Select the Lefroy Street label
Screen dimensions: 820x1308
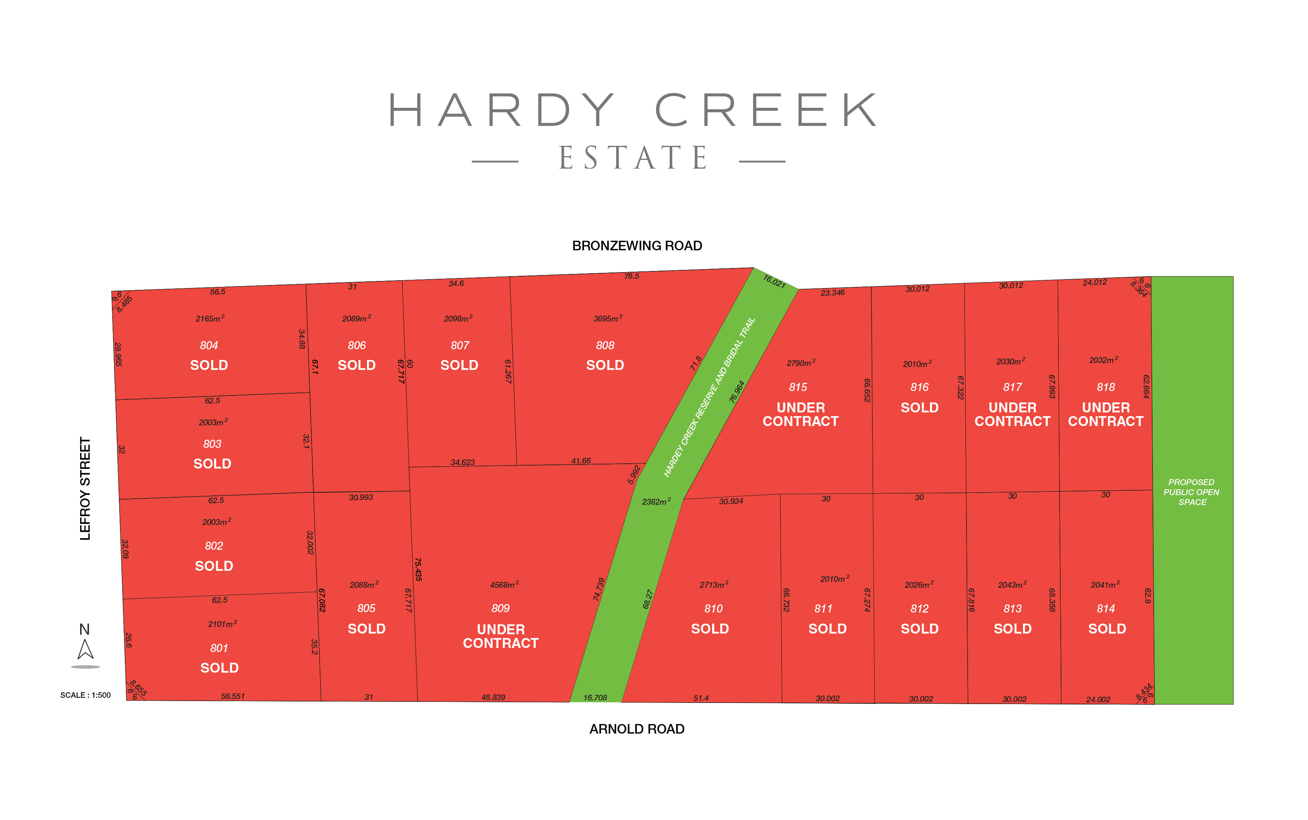(85, 488)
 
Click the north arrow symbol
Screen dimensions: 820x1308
(85, 649)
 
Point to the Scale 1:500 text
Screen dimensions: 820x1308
(85, 695)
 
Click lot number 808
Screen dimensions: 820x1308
(605, 346)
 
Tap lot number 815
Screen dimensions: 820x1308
(798, 387)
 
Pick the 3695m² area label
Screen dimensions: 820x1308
(607, 318)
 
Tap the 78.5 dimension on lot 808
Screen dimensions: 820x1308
(631, 276)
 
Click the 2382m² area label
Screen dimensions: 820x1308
(656, 502)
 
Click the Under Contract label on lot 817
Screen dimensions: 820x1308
(1012, 414)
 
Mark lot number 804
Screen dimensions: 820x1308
(209, 346)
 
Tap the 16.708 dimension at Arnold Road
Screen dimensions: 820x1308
(595, 697)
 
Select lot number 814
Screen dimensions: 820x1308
(1106, 608)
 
